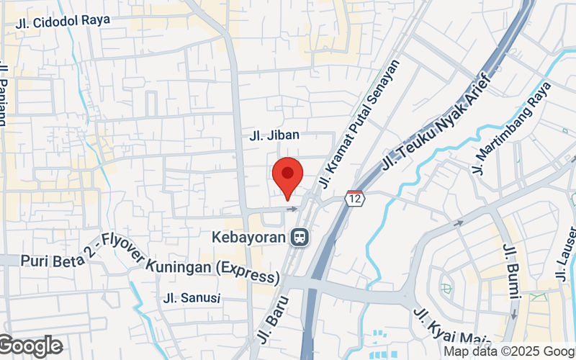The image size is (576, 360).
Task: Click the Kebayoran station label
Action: pyautogui.click(x=249, y=236)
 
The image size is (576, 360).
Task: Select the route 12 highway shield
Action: pyautogui.click(x=354, y=197)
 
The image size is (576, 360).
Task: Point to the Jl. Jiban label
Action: pyautogui.click(x=274, y=135)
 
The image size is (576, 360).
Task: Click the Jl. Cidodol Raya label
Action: pyautogui.click(x=63, y=20)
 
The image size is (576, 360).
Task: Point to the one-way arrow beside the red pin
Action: pyautogui.click(x=292, y=209)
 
